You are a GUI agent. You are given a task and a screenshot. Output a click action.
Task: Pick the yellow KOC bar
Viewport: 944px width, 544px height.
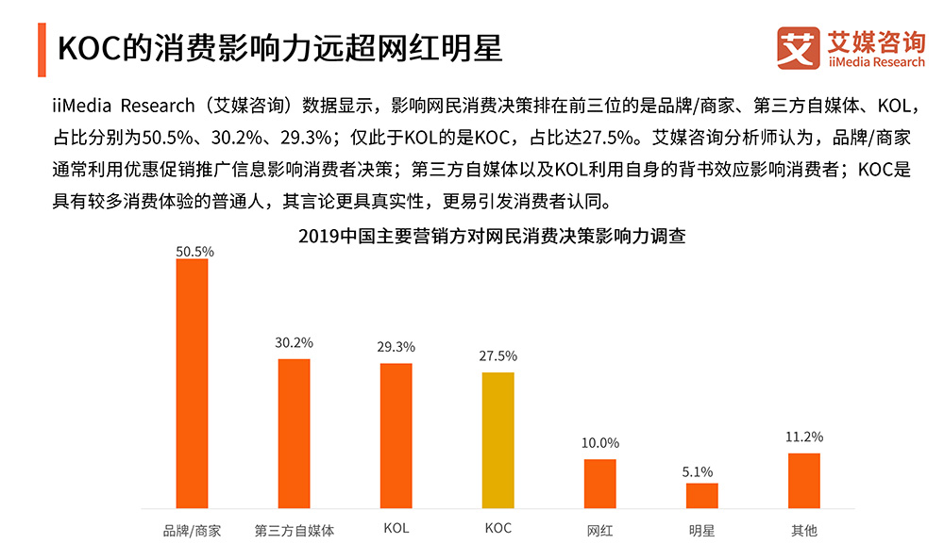coord(497,440)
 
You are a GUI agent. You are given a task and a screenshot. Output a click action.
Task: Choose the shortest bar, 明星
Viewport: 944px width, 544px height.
coord(701,496)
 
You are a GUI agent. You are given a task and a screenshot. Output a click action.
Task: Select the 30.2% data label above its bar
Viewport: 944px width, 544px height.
coord(294,342)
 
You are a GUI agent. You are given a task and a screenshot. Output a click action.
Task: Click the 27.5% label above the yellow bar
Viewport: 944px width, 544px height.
coord(497,355)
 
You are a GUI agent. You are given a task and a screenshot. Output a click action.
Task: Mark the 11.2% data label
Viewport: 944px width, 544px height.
coord(804,437)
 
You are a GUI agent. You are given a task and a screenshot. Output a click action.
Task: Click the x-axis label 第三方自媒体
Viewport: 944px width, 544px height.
coord(295,530)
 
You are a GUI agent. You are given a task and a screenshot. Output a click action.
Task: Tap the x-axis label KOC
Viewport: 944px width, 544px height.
coord(497,529)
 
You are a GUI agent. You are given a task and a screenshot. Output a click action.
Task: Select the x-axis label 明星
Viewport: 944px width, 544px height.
coord(701,530)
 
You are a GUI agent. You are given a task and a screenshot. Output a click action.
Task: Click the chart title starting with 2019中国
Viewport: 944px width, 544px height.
coord(491,237)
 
